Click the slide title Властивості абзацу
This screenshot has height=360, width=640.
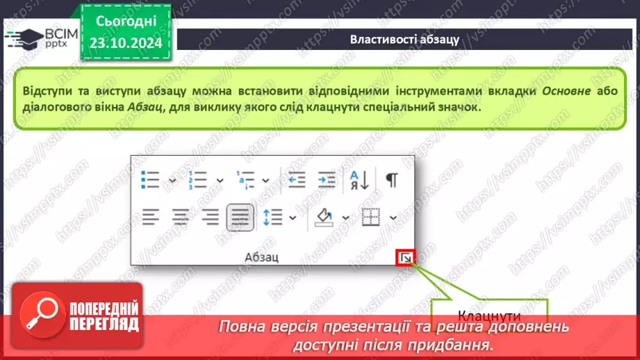pyautogui.click(x=404, y=39)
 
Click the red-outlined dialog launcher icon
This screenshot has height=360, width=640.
pyautogui.click(x=405, y=259)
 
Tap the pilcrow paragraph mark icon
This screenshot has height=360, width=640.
pyautogui.click(x=392, y=180)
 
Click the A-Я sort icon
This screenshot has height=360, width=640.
pyautogui.click(x=359, y=180)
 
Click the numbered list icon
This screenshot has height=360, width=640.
pyautogui.click(x=197, y=180)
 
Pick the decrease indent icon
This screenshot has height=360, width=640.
pyautogui.click(x=297, y=180)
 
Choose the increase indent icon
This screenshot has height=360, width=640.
pyautogui.click(x=326, y=180)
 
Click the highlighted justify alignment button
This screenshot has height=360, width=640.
pyautogui.click(x=239, y=218)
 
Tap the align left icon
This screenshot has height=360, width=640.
pyautogui.click(x=151, y=218)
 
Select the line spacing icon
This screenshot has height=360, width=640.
pyautogui.click(x=273, y=218)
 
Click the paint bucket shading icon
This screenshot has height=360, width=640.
pyautogui.click(x=325, y=218)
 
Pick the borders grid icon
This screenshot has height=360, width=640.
pyautogui.click(x=372, y=218)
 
